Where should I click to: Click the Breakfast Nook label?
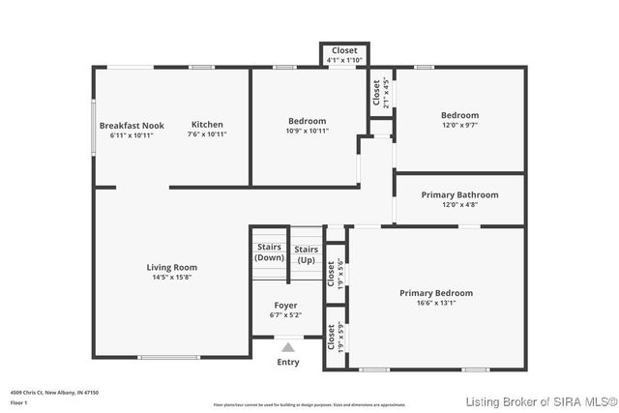tap(132, 125)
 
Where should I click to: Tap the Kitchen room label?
tap(207, 124)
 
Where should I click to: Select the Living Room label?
tap(172, 267)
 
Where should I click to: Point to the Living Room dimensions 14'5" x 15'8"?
tap(172, 278)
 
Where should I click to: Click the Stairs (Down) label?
tap(269, 253)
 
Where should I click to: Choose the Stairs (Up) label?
tap(307, 254)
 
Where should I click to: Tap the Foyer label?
tap(285, 305)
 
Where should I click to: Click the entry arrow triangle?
tap(287, 346)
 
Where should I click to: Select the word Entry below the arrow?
tap(288, 363)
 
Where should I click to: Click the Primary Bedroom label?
tap(436, 293)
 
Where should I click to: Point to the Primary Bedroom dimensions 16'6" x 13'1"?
tap(436, 304)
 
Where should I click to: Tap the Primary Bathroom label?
tap(459, 194)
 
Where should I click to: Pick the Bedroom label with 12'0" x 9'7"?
tap(459, 115)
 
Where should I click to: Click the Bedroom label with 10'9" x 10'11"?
tap(307, 121)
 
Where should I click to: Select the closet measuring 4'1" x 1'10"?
tap(344, 50)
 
